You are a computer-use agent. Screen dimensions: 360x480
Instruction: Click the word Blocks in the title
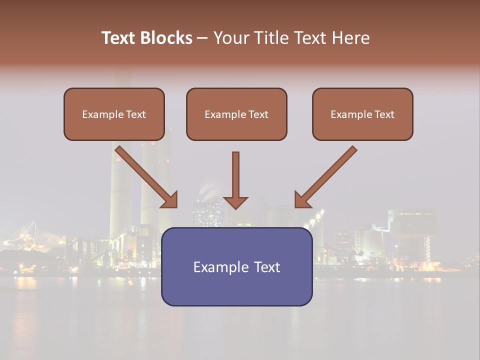(166, 38)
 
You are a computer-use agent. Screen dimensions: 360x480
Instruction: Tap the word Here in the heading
(349, 38)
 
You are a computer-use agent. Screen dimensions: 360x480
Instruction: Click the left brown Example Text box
(114, 114)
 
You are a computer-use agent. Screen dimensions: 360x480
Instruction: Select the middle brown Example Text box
(236, 114)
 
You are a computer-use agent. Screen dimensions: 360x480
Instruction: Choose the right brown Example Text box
(362, 114)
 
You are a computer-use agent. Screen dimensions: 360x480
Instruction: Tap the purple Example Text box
(236, 266)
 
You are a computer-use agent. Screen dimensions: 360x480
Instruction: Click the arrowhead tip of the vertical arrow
(235, 207)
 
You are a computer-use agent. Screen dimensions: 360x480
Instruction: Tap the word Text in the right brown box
(384, 114)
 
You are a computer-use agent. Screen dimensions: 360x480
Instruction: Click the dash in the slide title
(202, 38)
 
